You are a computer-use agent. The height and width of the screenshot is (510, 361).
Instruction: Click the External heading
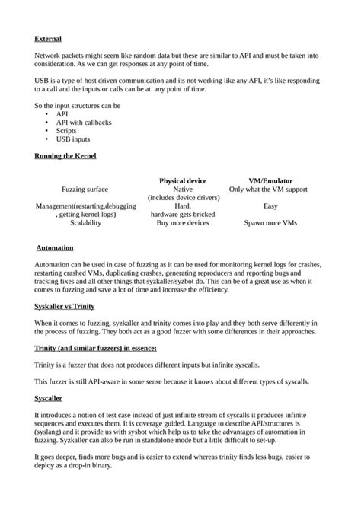[x=48, y=38]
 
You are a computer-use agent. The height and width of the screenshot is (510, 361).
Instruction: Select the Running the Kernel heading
[x=65, y=156]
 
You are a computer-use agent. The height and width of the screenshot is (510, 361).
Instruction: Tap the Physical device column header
[x=183, y=180]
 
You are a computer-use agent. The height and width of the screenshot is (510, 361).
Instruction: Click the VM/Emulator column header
[x=270, y=180]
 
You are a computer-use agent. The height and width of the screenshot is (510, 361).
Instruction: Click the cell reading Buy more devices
[x=183, y=224]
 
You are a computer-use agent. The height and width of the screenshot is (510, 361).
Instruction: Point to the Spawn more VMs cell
[x=270, y=224]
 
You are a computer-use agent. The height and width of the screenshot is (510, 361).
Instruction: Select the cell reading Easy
[x=270, y=206]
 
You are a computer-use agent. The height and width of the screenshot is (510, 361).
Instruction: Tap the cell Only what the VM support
[x=269, y=189]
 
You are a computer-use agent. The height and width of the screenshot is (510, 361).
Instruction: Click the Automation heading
[x=56, y=248]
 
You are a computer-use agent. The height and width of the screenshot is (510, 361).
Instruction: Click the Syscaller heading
[x=49, y=397]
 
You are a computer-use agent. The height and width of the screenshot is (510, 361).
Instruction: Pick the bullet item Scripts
[x=67, y=130]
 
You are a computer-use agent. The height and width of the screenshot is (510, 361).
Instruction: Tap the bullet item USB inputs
[x=73, y=139]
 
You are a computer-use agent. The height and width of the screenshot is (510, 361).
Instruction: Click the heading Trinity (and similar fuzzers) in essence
[x=95, y=348]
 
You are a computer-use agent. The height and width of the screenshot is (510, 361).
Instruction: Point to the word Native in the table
[x=183, y=189]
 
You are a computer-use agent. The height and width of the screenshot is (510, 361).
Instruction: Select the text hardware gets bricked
[x=183, y=215]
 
